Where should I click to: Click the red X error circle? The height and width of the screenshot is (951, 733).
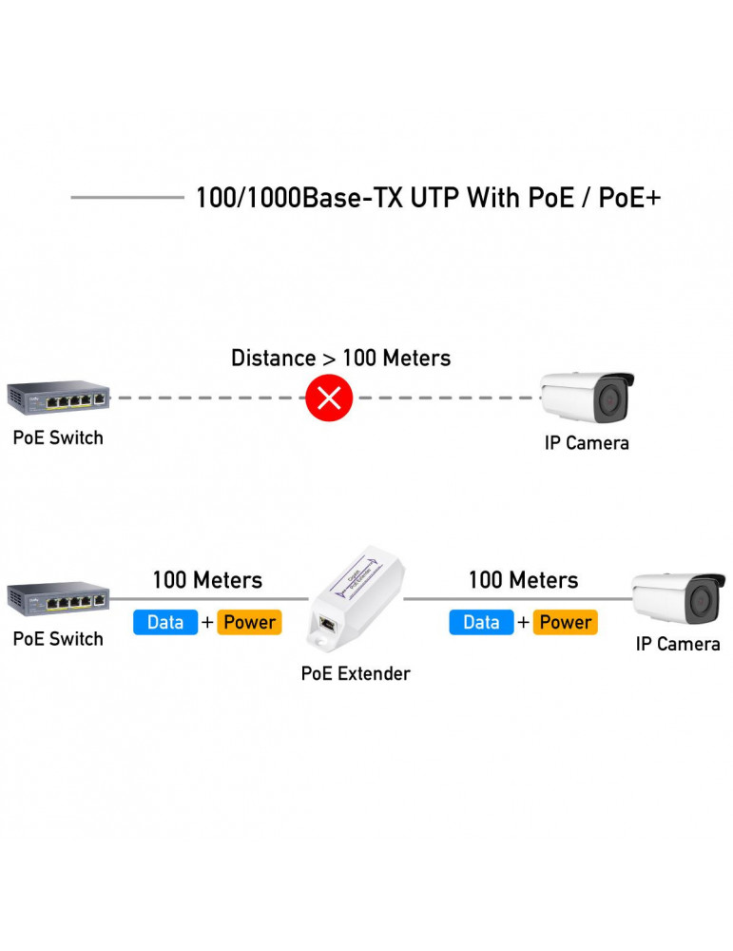tap(329, 398)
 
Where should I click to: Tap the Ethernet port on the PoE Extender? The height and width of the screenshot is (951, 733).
tap(328, 624)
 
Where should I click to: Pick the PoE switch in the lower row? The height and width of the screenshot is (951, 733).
tap(58, 598)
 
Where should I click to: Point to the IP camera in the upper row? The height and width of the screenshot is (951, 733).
tap(587, 398)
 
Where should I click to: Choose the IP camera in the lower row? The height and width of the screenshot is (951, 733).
tap(679, 597)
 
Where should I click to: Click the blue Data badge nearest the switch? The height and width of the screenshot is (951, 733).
tap(165, 622)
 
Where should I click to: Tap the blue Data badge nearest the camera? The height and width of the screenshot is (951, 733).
tap(481, 622)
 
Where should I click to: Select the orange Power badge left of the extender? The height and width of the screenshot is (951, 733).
tap(249, 622)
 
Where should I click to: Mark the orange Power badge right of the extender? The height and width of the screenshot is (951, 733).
tap(565, 622)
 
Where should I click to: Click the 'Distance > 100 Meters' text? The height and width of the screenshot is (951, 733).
tap(340, 359)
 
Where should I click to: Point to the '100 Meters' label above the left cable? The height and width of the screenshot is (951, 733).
tap(207, 580)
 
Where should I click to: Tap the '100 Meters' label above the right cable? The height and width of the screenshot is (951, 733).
tap(523, 580)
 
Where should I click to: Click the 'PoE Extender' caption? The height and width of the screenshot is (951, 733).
tap(356, 673)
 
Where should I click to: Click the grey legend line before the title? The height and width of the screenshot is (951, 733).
tap(127, 198)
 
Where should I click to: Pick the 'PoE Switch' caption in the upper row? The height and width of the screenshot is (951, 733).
tap(58, 438)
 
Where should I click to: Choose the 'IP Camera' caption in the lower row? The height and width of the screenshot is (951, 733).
tap(678, 644)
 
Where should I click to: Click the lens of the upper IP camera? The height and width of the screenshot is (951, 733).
tap(608, 402)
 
